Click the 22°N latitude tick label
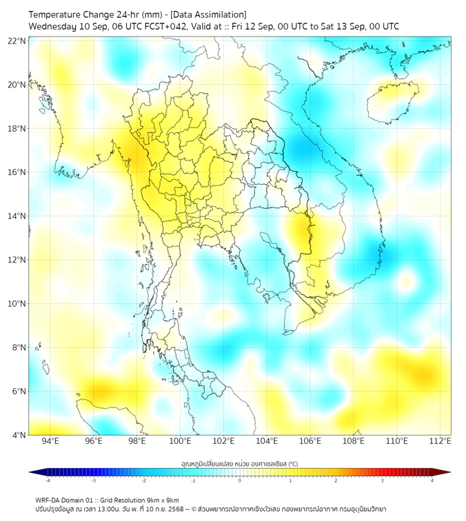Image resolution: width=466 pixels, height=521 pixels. coord(17,41)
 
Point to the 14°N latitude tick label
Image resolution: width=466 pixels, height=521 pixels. coord(17,216)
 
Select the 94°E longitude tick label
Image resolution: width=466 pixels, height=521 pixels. coord(50,441)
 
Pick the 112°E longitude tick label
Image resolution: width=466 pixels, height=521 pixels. coord(440,441)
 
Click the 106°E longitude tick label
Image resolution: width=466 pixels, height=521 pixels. coord(310,441)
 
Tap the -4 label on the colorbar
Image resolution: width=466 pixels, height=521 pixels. coord(47,481)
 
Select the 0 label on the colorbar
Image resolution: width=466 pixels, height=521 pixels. coord(240,481)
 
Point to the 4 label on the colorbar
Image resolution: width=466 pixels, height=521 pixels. coord(432,481)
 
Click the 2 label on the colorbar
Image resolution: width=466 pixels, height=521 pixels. coord(336,481)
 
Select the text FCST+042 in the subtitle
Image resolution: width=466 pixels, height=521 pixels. coord(161,26)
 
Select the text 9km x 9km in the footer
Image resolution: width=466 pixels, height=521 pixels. coord(162,500)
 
